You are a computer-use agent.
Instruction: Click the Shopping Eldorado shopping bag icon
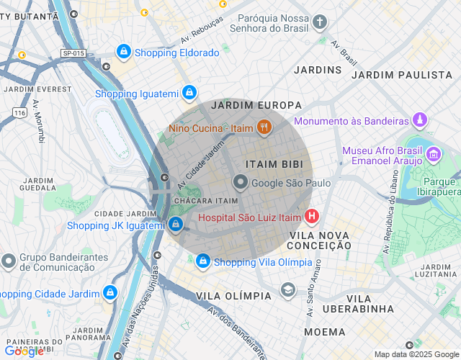[124, 52]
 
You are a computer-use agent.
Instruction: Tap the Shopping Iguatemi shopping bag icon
[189, 93]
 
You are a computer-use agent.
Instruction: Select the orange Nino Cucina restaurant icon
[264, 128]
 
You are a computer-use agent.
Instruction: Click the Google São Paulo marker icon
[240, 183]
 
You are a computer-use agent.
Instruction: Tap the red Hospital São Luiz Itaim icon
[312, 216]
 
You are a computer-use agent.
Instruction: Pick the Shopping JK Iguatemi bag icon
[176, 225]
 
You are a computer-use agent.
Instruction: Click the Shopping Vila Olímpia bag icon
[203, 261]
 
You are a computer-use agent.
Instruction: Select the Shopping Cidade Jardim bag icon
[109, 293]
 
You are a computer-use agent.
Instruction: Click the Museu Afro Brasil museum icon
[434, 154]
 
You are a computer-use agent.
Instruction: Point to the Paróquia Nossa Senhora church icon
[320, 23]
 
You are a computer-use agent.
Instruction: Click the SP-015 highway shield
[73, 53]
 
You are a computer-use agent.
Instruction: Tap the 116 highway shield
[19, 113]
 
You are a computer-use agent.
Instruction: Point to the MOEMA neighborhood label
[325, 332]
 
